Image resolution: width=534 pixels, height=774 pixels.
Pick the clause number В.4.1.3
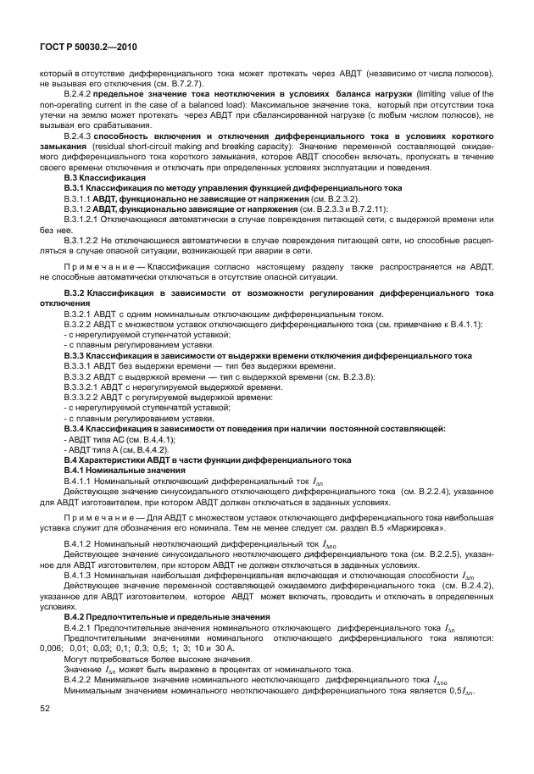pos(78,574)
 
